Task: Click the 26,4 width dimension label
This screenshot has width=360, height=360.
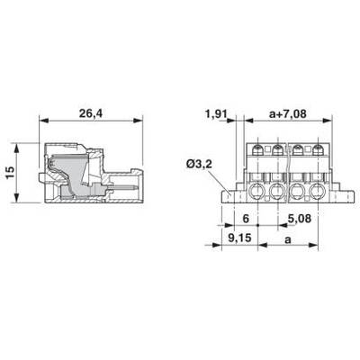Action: point(90,113)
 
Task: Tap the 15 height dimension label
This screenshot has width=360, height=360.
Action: point(10,173)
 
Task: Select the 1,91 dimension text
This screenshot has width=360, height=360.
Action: point(216,114)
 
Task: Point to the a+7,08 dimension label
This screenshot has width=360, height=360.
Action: point(288,114)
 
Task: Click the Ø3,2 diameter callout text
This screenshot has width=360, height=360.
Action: point(199,165)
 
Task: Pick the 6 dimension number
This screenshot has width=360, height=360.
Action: point(246,219)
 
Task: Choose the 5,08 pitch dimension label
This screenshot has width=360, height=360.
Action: point(299,219)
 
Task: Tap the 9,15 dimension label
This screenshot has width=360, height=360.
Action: point(239,238)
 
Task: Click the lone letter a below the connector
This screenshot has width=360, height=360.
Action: point(288,239)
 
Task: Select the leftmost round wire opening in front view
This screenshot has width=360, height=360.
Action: point(258,192)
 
